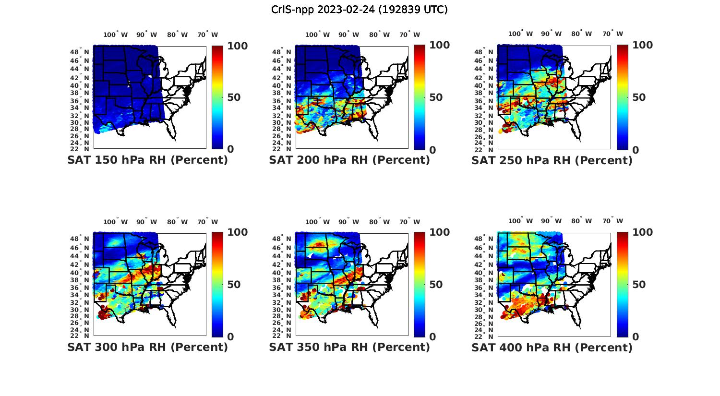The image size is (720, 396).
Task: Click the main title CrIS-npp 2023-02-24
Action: (359, 10)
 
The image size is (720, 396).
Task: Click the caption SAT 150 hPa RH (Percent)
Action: (147, 160)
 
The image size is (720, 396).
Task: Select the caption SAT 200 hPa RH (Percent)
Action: (349, 160)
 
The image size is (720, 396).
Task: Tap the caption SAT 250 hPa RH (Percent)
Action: (552, 160)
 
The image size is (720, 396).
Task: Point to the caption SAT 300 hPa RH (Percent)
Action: (147, 347)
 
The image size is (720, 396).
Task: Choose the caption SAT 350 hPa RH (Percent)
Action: (349, 347)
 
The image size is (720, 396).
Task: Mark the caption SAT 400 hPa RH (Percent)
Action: (552, 347)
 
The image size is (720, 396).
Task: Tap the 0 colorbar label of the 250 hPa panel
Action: (636, 150)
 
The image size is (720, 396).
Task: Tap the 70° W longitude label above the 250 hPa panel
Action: (612, 34)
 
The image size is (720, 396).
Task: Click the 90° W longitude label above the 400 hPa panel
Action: (551, 221)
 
